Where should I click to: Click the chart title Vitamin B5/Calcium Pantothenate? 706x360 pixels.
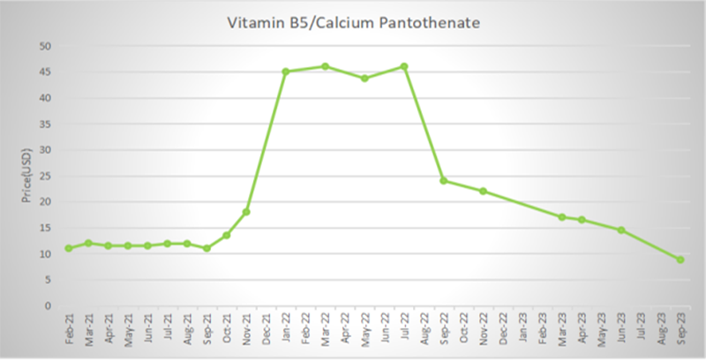(354, 23)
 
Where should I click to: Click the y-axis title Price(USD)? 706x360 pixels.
(26, 176)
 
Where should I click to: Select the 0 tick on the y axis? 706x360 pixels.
(49, 306)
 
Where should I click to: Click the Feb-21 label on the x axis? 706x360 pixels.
(69, 330)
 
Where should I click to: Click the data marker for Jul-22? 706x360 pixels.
(404, 66)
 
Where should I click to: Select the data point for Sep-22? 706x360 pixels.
(444, 181)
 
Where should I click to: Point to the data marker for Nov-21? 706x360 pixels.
(246, 212)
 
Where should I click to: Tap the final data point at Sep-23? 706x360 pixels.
(680, 259)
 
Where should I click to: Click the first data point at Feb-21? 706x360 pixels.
(69, 248)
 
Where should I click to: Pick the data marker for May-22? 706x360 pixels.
(364, 79)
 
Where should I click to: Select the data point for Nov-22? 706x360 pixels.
(484, 191)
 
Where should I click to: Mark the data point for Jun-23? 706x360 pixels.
(621, 230)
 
